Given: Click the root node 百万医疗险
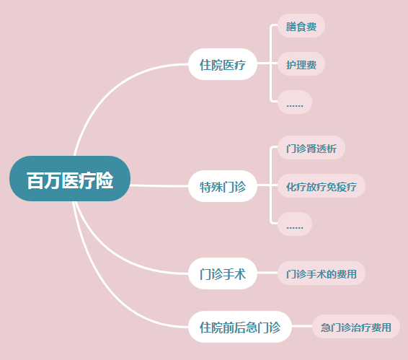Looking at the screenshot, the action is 70,179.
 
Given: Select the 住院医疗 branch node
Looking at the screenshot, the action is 223,64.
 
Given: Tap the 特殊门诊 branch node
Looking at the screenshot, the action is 223,186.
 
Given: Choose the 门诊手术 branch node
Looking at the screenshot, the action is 223,273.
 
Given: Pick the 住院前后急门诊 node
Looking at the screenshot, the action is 240,327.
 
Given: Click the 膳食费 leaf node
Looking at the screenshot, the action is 301,26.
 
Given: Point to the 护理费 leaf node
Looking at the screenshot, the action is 301,64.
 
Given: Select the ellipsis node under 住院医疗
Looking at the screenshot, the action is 295,102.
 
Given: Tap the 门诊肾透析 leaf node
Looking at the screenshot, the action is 311,148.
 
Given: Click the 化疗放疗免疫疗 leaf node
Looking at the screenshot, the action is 321,186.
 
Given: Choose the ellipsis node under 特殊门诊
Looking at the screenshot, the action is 295,224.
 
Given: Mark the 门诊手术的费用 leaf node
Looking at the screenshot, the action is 321,273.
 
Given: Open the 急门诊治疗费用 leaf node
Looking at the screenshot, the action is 356,327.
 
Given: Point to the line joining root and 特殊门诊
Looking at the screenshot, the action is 159,185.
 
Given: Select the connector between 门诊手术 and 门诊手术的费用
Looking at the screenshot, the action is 267,273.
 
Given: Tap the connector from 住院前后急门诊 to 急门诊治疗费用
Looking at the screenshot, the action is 302,326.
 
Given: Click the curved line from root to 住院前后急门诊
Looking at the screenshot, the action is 104,291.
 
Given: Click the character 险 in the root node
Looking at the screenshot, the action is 105,180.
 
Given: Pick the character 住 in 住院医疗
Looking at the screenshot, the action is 205,65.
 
